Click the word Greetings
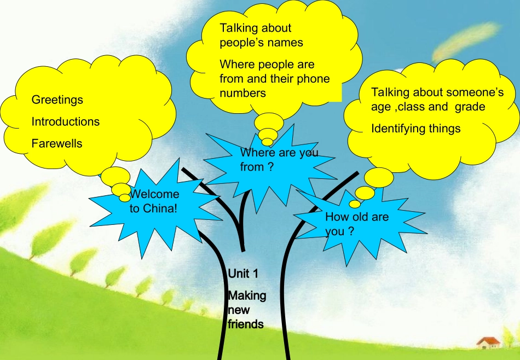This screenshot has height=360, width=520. pos(57,100)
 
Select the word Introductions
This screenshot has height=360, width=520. pos(65,121)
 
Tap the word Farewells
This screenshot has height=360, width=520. pos(57,143)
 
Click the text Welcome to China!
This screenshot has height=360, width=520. pos(154,201)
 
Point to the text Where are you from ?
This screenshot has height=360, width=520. pos(279,159)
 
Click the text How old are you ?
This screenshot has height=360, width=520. pos(357,224)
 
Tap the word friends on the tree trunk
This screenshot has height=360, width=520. pos(246,324)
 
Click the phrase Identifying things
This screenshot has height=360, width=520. pos(416,129)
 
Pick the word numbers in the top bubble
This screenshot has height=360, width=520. pos(242,93)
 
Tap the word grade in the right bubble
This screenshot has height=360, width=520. pos(470,107)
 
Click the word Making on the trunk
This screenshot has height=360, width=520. pos(247,295)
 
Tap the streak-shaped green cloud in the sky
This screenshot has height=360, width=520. pos(466,42)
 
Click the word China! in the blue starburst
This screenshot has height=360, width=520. pos(160,208)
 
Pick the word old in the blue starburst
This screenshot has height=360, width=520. pos(360,217)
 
